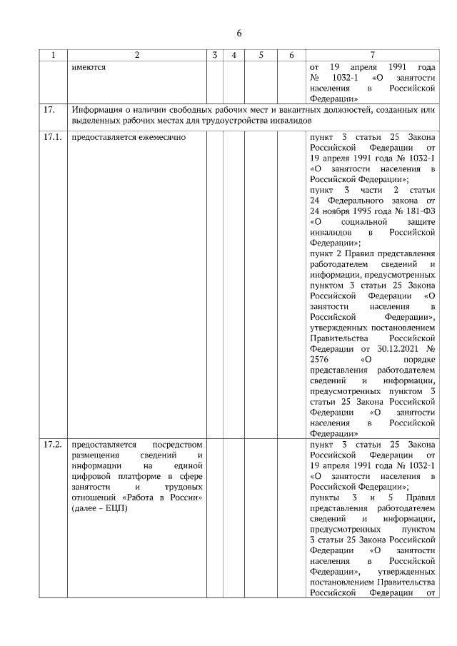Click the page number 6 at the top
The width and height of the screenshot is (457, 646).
[239, 34]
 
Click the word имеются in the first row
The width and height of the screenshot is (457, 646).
[89, 66]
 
